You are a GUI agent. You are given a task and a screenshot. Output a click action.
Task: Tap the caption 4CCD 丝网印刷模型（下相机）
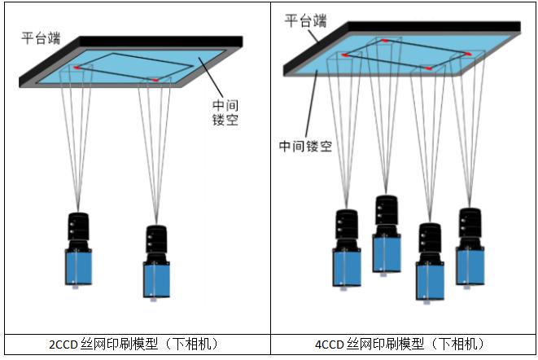tap(403, 345)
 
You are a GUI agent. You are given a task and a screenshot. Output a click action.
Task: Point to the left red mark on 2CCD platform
tap(78, 67)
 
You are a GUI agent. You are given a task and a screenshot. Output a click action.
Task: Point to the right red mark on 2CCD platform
tap(155, 80)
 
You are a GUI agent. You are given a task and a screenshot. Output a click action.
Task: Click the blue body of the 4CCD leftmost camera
tap(346, 267)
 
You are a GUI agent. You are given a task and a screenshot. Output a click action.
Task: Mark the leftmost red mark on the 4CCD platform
tap(345, 54)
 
